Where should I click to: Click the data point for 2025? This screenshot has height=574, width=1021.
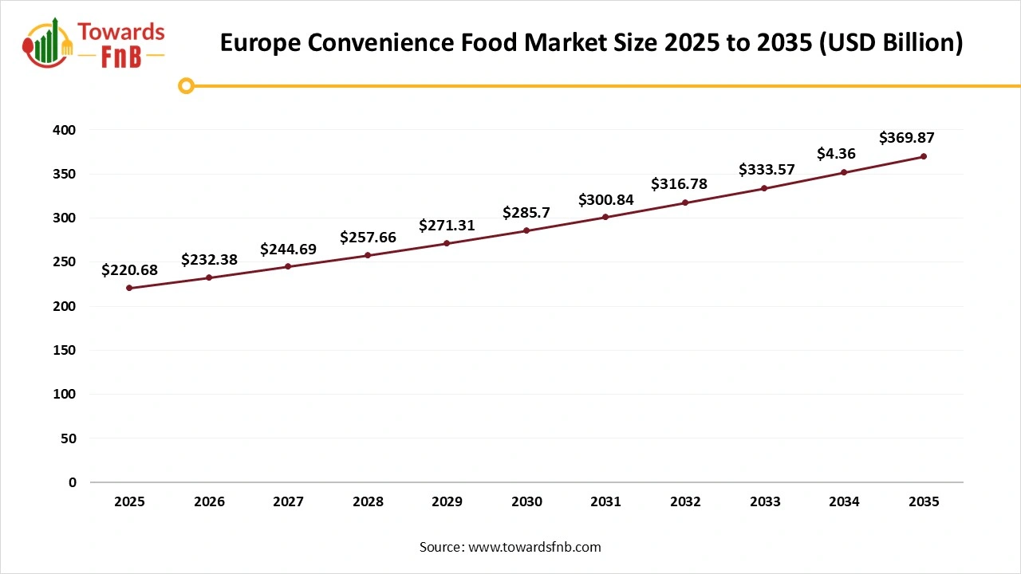point(129,288)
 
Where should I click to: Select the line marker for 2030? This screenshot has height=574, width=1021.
point(526,230)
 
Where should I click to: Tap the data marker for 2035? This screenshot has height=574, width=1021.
point(924,156)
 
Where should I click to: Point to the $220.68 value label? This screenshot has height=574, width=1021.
point(129,270)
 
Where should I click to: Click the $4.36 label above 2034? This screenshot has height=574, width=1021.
point(836,153)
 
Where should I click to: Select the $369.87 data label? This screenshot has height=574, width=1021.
point(906,138)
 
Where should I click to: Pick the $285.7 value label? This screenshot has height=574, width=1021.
point(526,213)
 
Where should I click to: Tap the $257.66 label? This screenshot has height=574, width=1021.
point(368,238)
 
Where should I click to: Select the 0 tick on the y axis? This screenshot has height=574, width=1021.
point(72,482)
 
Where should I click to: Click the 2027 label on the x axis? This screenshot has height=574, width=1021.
point(288,502)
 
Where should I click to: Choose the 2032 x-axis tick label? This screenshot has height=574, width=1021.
point(685,502)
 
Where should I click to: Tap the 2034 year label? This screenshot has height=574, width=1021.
point(844,502)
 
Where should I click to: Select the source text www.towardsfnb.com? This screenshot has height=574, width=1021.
point(534,547)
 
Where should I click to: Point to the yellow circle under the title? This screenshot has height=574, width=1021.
point(186,85)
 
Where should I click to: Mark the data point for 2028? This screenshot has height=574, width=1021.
point(368,255)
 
